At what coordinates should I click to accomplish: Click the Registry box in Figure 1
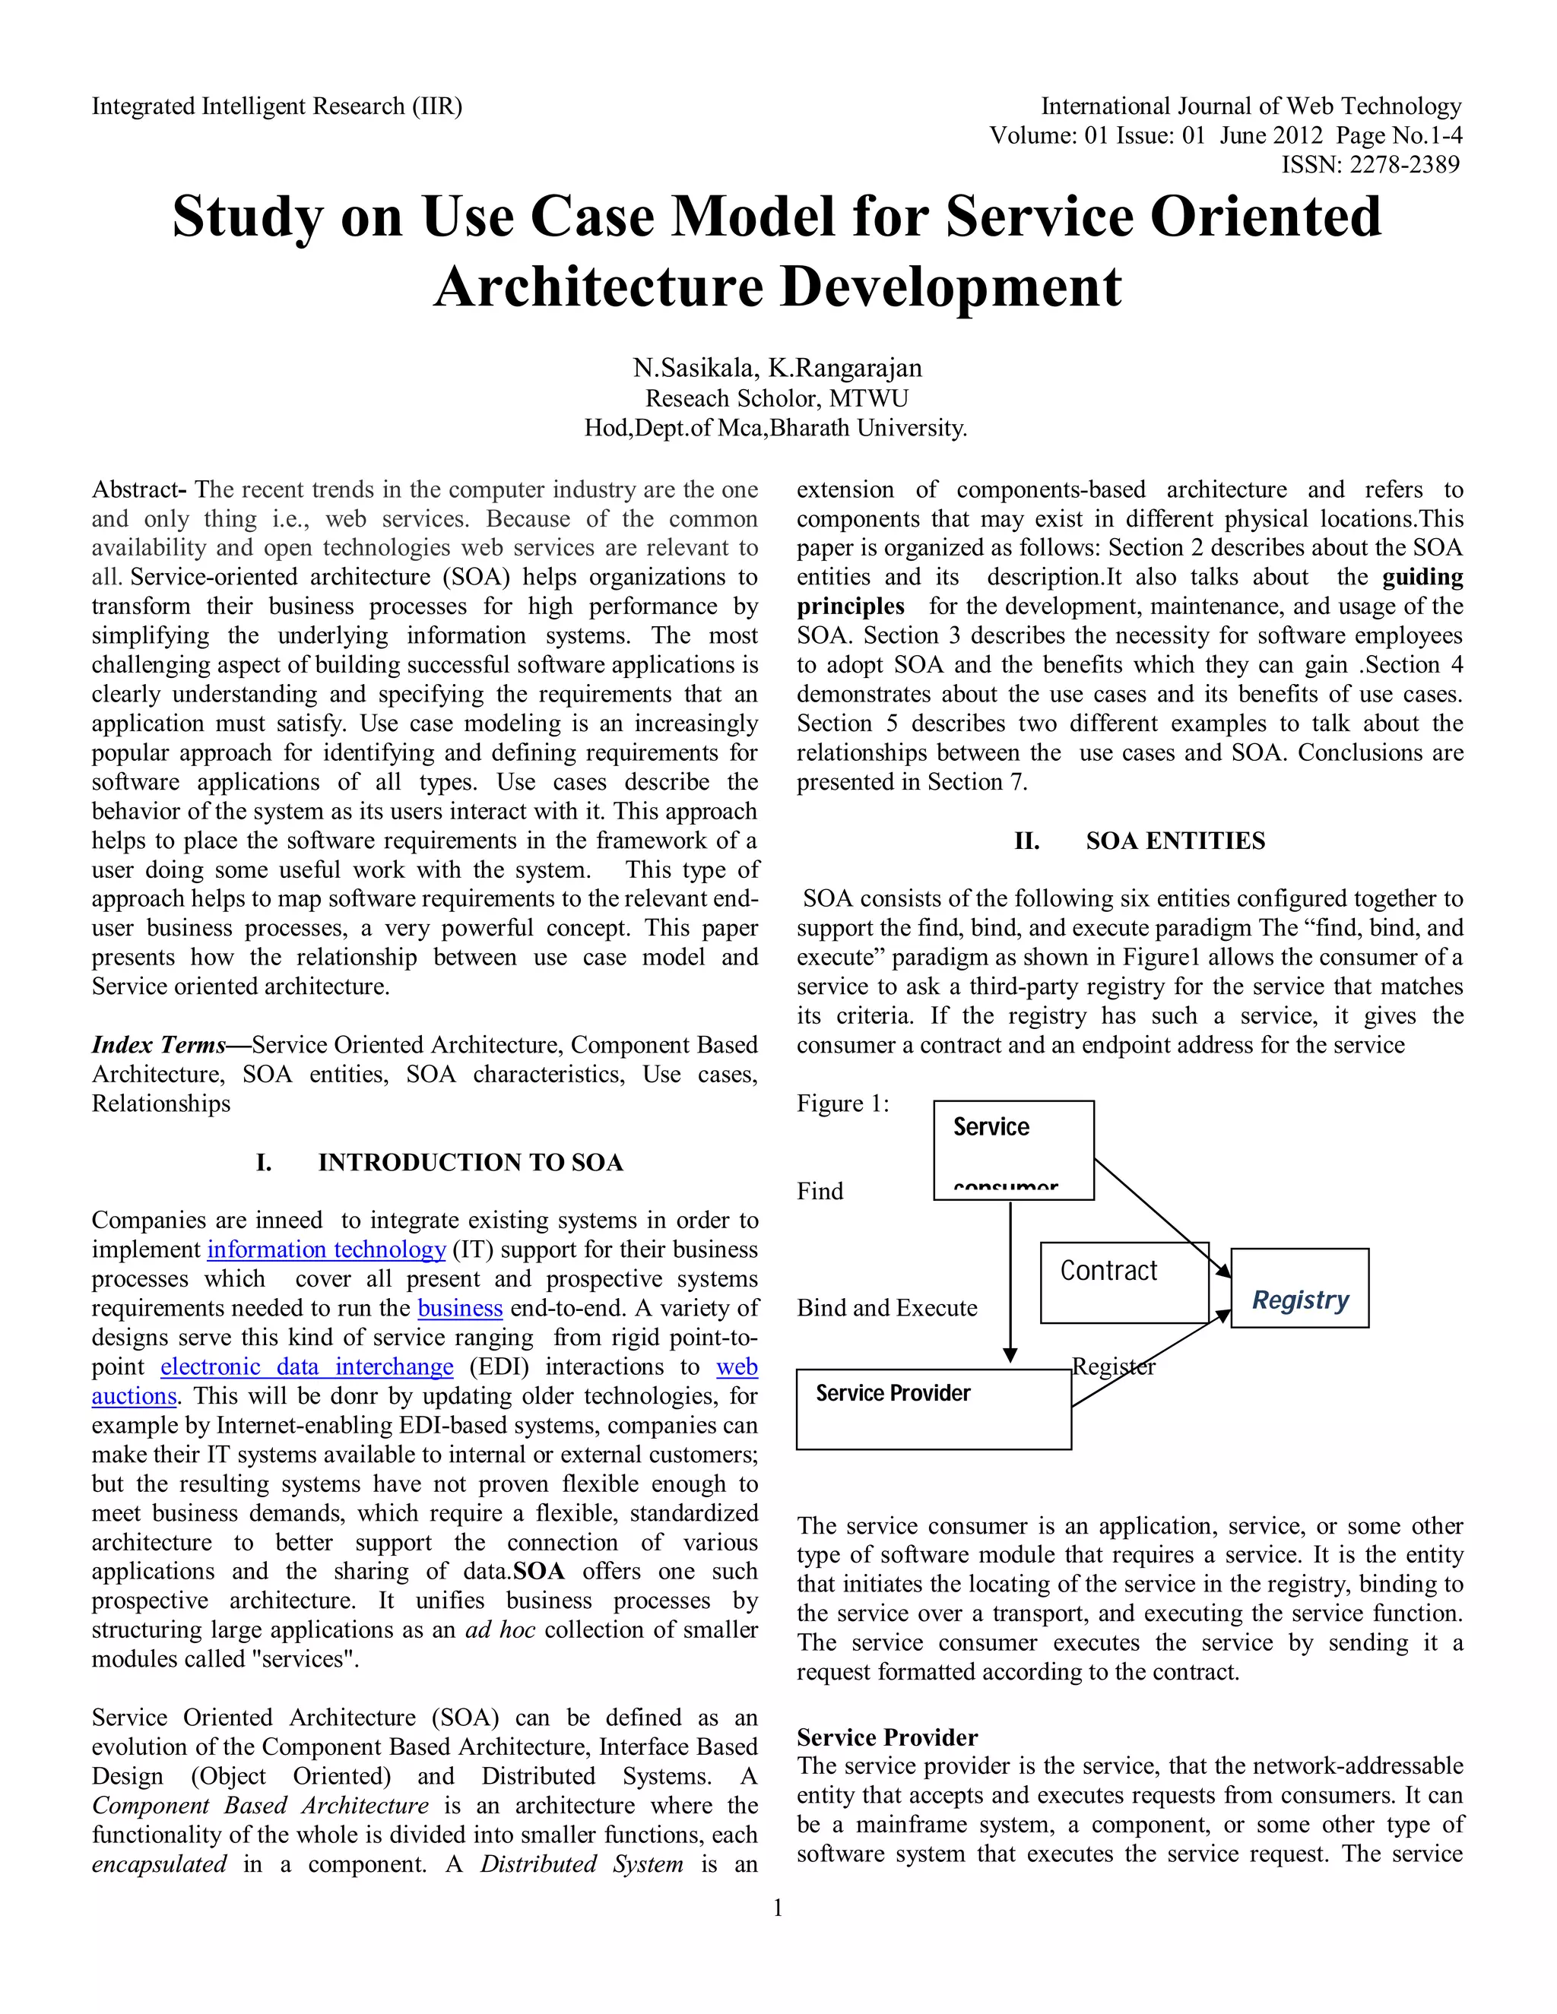(1299, 1288)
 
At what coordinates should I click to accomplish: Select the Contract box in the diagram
(1124, 1282)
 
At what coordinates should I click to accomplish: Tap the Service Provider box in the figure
(933, 1409)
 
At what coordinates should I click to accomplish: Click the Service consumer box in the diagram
(1013, 1149)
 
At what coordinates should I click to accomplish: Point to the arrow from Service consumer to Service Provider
(1010, 1282)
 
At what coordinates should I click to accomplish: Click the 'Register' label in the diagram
(1113, 1366)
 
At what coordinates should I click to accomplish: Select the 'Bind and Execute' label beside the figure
(886, 1308)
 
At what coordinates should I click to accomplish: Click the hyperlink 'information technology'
(326, 1249)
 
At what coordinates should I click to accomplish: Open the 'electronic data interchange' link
(307, 1366)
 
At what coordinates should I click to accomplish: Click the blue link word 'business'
(459, 1308)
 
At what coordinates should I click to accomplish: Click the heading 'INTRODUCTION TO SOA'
(471, 1162)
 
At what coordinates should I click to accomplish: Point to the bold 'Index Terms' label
(159, 1045)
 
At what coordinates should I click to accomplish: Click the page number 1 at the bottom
(778, 1908)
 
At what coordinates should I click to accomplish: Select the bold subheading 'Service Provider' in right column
(886, 1737)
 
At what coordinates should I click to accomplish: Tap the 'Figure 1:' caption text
(842, 1104)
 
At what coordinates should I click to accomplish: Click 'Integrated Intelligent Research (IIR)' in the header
(277, 107)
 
